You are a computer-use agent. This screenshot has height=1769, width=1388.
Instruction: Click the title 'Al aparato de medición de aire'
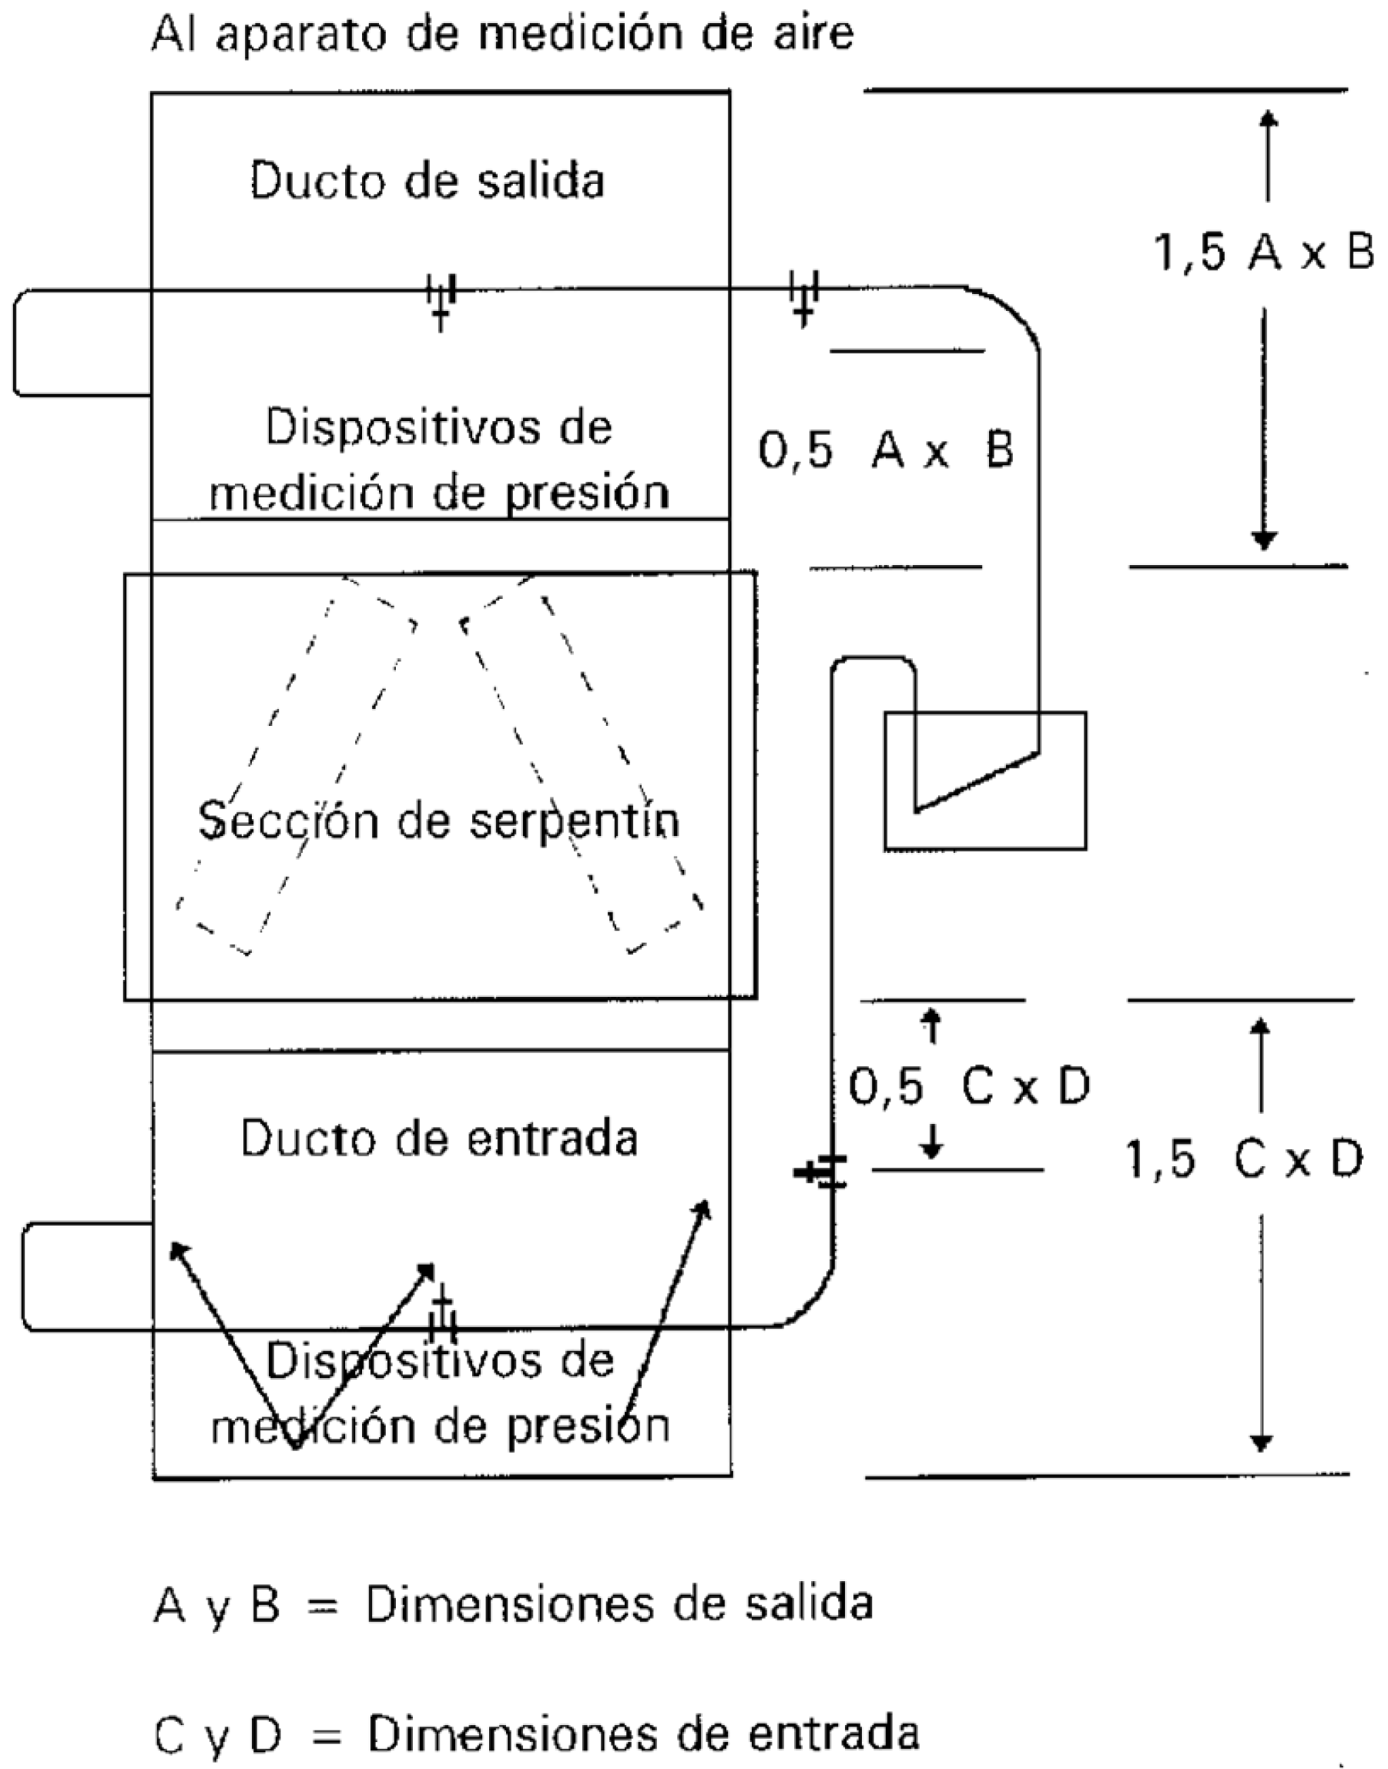(502, 33)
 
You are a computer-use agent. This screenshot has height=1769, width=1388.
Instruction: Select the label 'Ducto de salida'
(427, 180)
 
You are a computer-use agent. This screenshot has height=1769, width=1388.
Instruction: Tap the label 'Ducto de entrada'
(439, 1139)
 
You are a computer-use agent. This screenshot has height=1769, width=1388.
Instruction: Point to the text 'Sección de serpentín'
(439, 822)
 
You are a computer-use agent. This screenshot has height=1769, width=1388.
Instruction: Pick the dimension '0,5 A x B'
(886, 450)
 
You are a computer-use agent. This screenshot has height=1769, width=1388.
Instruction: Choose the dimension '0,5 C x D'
(969, 1087)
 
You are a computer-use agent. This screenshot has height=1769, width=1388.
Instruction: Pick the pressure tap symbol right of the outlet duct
(803, 298)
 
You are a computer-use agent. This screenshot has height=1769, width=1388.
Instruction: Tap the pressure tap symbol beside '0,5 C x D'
(823, 1172)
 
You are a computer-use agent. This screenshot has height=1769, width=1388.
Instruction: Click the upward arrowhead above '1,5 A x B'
(1268, 119)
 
